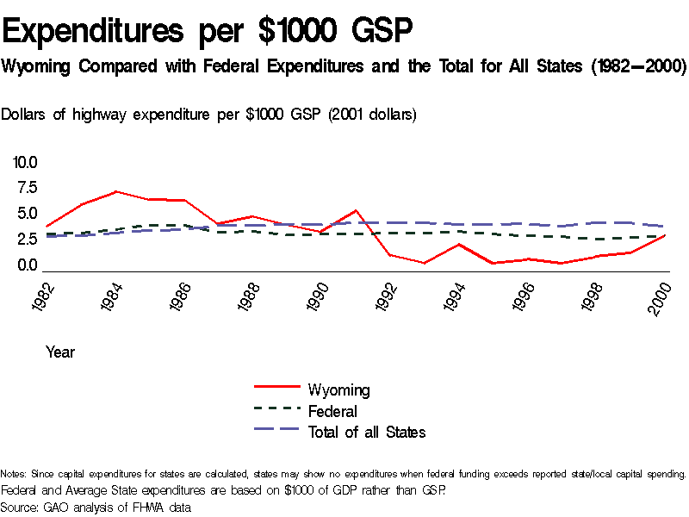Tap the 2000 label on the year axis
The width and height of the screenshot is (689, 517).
661,296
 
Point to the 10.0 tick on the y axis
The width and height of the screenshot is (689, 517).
25,162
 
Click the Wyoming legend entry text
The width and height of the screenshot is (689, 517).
338,390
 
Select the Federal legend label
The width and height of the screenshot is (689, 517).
332,412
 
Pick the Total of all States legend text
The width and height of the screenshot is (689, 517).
367,433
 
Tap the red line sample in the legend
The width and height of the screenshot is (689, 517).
276,389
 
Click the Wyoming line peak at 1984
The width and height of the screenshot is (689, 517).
115,191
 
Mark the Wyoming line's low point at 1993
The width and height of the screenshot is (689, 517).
425,263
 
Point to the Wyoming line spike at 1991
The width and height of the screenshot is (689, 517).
356,210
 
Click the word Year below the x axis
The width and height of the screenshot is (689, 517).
60,352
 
